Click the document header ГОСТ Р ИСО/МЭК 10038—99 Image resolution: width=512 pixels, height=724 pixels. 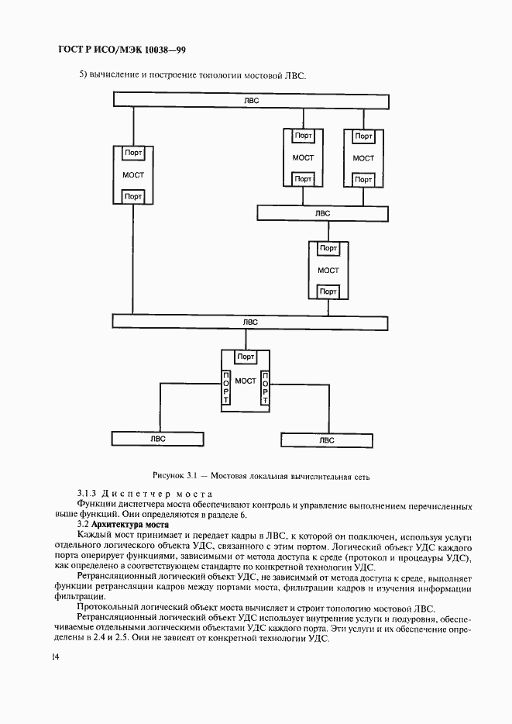121,50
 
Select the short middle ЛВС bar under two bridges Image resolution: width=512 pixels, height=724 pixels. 321,212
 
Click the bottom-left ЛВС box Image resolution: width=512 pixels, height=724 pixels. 157,439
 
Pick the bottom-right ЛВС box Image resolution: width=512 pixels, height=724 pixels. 326,440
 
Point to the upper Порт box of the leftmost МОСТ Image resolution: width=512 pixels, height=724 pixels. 133,153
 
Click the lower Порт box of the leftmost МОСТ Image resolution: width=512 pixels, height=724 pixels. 133,197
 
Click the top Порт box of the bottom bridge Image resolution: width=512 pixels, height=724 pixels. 246,357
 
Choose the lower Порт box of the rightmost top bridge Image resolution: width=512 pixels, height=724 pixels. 363,180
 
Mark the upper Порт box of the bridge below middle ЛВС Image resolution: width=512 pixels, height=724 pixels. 328,249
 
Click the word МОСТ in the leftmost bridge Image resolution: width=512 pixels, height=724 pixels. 133,175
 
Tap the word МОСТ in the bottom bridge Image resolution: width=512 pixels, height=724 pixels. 246,381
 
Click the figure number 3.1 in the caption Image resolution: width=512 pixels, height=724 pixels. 199,474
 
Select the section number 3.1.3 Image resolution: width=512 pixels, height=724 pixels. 90,493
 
